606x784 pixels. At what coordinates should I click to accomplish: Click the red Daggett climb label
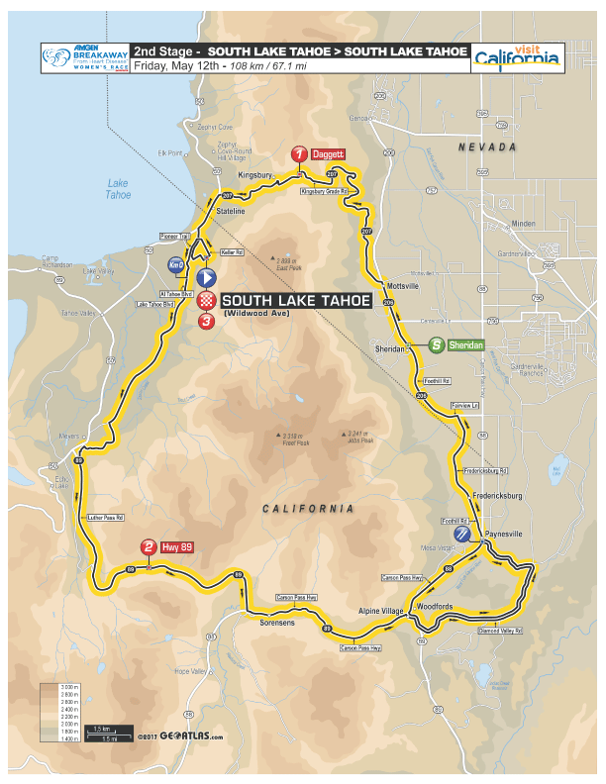click(328, 155)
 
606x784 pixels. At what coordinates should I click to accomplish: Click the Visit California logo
click(516, 57)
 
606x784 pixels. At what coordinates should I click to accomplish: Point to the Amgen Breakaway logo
click(83, 57)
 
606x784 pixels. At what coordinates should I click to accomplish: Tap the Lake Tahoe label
click(118, 188)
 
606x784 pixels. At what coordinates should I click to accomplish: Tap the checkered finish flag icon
click(206, 300)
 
